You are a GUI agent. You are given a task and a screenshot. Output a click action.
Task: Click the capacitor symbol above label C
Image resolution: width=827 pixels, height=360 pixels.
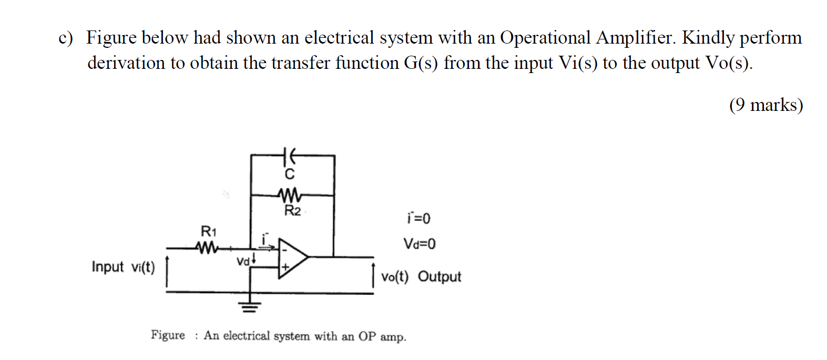(x=289, y=156)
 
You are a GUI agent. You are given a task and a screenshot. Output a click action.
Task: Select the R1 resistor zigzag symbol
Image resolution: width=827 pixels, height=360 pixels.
(x=207, y=247)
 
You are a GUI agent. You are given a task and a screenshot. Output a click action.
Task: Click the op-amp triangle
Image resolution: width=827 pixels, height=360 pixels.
(x=292, y=257)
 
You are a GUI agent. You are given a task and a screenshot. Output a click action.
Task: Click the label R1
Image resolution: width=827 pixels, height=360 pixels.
(x=209, y=231)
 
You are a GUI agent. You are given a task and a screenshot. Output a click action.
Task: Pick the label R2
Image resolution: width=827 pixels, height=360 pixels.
(x=292, y=211)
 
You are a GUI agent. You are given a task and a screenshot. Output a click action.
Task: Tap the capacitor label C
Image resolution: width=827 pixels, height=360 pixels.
(x=290, y=174)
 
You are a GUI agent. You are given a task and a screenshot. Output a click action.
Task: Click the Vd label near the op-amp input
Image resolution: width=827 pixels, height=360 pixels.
(x=243, y=261)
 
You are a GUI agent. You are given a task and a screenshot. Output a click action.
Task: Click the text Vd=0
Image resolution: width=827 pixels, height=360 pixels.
(x=419, y=244)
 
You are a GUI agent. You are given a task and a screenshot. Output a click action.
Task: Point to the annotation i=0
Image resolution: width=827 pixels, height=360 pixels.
(x=418, y=218)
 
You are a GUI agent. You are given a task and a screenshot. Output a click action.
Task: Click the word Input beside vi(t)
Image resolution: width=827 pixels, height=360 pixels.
(x=108, y=267)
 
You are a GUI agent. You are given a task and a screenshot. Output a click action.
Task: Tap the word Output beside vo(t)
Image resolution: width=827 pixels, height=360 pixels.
(x=440, y=277)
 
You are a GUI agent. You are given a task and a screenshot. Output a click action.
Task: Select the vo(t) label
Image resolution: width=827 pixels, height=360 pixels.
(x=395, y=277)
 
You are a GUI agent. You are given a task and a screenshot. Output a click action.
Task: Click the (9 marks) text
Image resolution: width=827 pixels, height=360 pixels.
(x=765, y=105)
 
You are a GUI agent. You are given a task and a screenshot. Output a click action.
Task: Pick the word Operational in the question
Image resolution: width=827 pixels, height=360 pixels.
(x=545, y=38)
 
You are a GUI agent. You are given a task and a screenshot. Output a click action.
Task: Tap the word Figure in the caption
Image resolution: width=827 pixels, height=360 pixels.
(x=168, y=335)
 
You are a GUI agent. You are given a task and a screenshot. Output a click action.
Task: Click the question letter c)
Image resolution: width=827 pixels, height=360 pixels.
(x=66, y=38)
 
